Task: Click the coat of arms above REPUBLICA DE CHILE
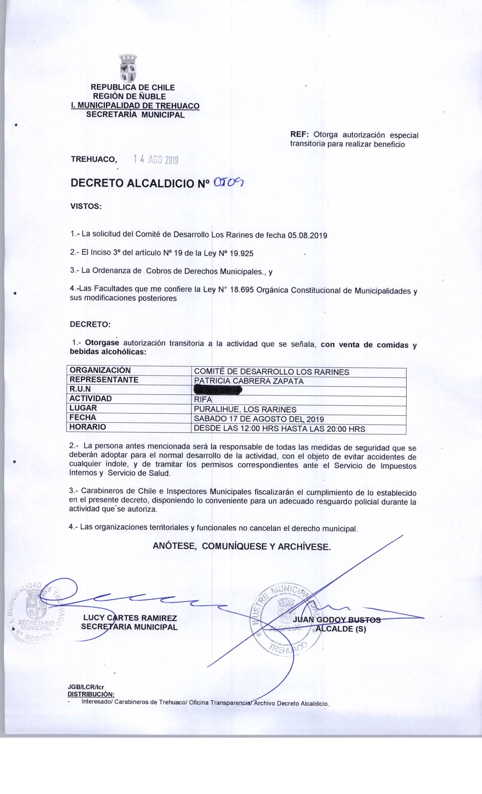coord(128,68)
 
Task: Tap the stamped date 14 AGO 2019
coord(155,160)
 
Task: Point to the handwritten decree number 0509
coord(229,183)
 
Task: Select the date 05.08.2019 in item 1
coord(307,235)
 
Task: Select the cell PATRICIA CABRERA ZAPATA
coord(248,381)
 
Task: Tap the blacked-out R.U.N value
coord(218,390)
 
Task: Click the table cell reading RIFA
coord(203,400)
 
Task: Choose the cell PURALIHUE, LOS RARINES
coord(245,409)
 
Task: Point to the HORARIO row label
coord(88,427)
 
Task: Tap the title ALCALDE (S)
coord(341,630)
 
